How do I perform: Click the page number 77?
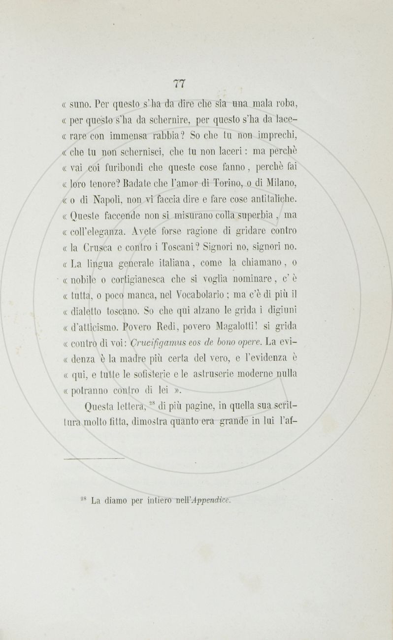180,84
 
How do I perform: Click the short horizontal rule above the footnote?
94,459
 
